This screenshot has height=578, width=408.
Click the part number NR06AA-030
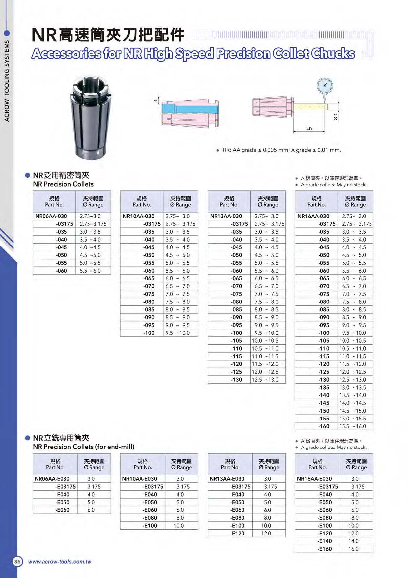51,216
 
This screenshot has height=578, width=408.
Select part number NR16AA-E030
314,479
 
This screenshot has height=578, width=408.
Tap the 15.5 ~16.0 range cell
352,426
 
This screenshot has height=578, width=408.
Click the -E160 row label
325,549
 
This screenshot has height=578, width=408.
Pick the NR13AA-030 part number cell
226,216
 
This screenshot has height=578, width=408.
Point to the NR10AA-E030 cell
140,479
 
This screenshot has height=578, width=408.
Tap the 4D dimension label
309,129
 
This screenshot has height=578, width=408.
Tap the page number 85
17,561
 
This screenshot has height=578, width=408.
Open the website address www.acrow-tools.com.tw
60,562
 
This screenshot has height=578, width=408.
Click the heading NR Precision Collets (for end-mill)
84,447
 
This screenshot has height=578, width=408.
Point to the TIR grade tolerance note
281,150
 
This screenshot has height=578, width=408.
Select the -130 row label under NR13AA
236,380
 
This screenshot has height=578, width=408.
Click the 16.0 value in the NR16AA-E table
353,549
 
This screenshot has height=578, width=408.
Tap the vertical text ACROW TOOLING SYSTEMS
7,81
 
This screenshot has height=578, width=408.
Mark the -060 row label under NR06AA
62,271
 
